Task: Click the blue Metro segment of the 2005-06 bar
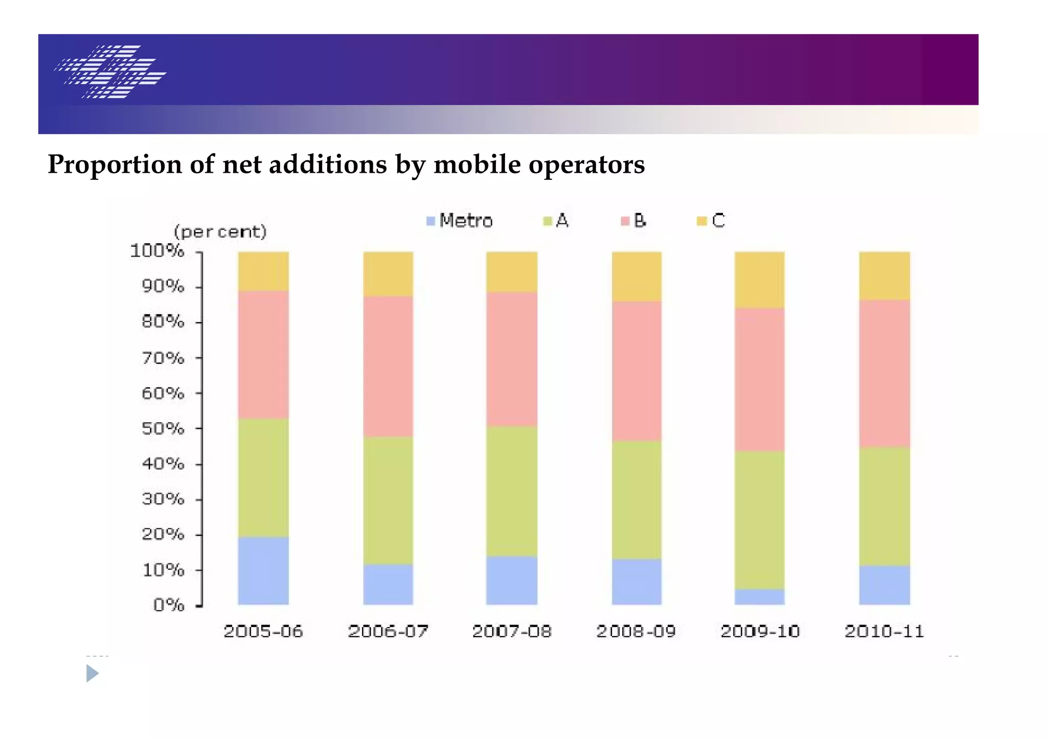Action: pos(263,570)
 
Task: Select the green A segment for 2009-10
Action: pos(759,520)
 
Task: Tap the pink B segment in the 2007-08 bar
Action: pos(511,359)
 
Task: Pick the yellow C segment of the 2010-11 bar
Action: pos(884,275)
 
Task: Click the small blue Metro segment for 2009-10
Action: pos(759,597)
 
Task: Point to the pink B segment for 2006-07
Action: pos(388,366)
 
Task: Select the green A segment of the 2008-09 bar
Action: pos(636,499)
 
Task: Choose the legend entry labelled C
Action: pos(711,221)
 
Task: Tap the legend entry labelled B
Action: pos(633,221)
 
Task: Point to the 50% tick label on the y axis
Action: pos(163,428)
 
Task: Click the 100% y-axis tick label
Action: pos(157,250)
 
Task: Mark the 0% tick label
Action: pos(168,605)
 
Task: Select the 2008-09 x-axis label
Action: pos(636,632)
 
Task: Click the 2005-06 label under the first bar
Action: pos(263,632)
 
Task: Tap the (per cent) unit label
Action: pos(220,232)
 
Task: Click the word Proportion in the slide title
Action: pos(115,165)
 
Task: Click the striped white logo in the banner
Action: pos(110,72)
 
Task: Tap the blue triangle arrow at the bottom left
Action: pos(92,673)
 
